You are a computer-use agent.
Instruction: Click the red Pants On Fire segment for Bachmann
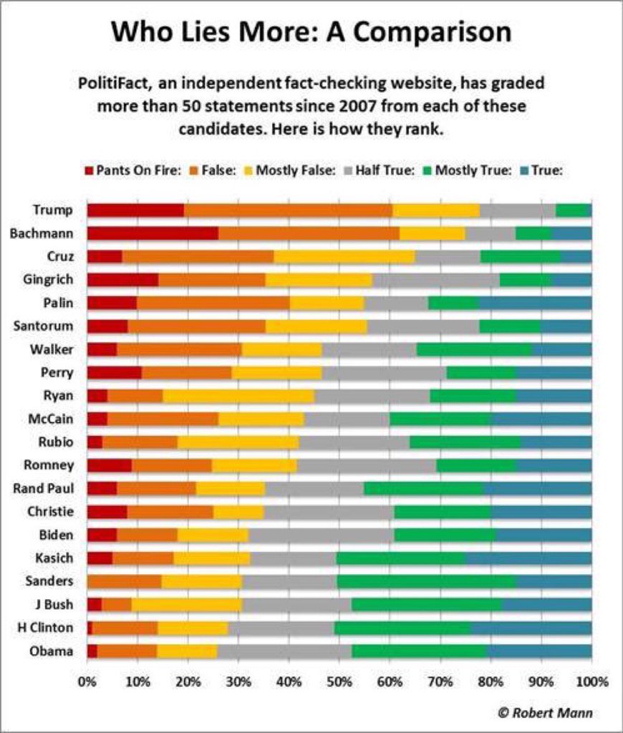click(x=153, y=233)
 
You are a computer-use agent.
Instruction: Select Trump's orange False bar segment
click(x=288, y=210)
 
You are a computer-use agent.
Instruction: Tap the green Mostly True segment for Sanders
click(x=426, y=581)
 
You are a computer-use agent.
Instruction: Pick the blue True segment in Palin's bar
click(x=535, y=303)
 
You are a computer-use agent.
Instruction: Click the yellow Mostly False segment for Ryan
click(x=239, y=396)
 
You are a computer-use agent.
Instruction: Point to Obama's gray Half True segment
click(x=284, y=651)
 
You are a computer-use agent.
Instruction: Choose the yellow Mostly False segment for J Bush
click(x=187, y=604)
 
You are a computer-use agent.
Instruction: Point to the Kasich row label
click(x=54, y=558)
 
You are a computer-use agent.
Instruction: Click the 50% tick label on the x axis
click(x=339, y=681)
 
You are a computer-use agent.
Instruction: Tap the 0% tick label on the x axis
click(x=87, y=681)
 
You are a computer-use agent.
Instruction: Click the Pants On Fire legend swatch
click(x=90, y=171)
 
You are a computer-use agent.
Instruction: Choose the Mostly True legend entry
click(x=468, y=171)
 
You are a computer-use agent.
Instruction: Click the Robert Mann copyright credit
click(x=545, y=712)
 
